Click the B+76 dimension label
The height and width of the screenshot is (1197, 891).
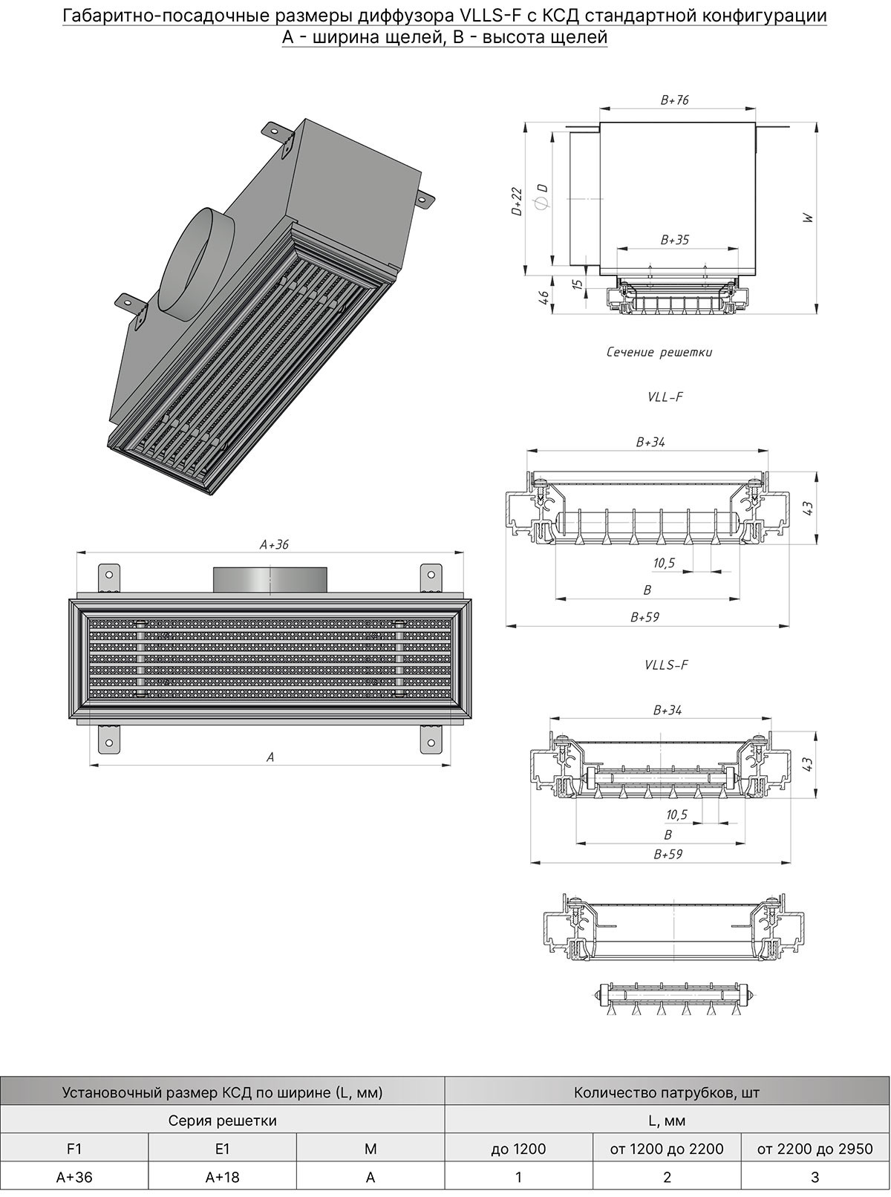[675, 100]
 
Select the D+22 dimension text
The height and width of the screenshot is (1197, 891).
[517, 202]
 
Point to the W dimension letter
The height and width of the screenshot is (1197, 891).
[808, 218]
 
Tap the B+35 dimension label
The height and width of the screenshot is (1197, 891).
[675, 240]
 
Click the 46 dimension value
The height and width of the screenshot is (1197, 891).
[544, 297]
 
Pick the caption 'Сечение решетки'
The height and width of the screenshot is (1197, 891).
[659, 353]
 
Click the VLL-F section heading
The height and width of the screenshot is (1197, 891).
[665, 397]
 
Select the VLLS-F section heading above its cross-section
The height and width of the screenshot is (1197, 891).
[667, 665]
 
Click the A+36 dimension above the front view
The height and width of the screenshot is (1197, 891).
[274, 544]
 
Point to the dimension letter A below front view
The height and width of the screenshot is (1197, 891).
[270, 757]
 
